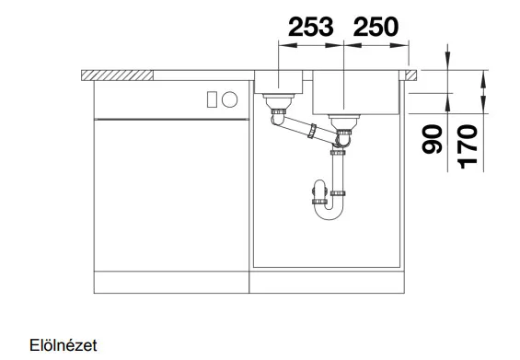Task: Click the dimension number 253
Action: pos(311,27)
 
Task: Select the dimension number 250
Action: pos(376,27)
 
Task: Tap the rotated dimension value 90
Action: pos(433,139)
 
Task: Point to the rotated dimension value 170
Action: pos(468,146)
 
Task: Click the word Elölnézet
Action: pos(64,345)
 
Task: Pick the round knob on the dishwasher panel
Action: pos(229,99)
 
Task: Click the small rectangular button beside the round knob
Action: pos(212,99)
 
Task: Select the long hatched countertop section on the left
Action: pos(118,75)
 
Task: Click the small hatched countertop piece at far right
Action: pos(410,75)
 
